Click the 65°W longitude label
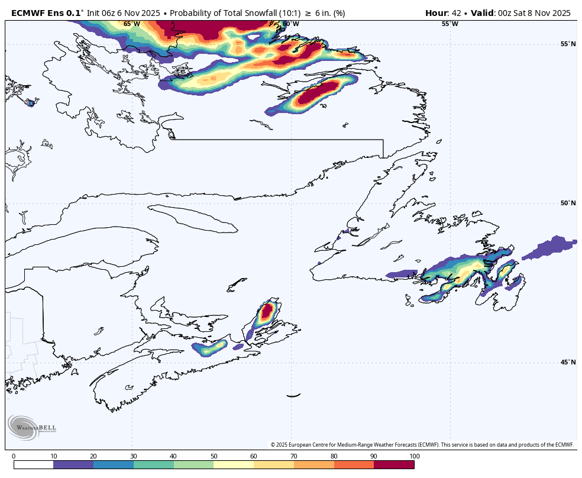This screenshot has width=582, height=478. tap(132, 24)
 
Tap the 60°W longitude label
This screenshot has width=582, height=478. tap(290, 24)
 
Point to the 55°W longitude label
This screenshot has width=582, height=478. tap(450, 24)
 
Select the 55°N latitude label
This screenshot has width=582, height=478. tap(568, 44)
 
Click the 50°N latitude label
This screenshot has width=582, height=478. tap(568, 204)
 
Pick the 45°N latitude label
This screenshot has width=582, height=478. tap(568, 363)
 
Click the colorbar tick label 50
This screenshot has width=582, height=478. tap(214, 456)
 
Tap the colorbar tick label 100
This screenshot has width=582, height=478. tap(414, 456)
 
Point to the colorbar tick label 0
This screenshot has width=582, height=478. tap(14, 456)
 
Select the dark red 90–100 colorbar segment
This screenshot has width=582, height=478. tap(394, 465)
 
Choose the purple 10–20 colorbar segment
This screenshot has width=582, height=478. tap(73, 465)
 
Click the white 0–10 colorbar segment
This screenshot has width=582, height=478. tap(33, 465)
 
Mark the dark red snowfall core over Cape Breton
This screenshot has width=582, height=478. tap(268, 310)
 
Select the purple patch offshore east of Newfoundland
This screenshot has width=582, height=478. tap(550, 247)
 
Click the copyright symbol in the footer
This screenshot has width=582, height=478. tap(273, 445)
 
